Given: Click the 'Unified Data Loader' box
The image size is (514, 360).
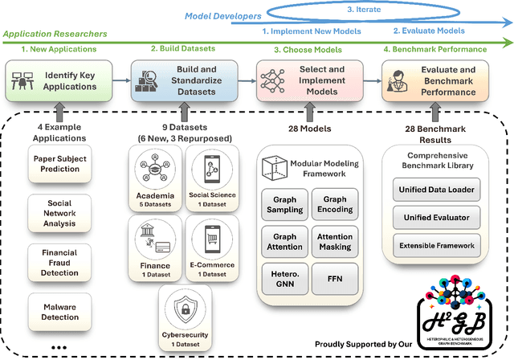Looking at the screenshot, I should pos(434,190).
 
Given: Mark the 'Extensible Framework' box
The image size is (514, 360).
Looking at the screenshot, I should pos(434,243).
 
